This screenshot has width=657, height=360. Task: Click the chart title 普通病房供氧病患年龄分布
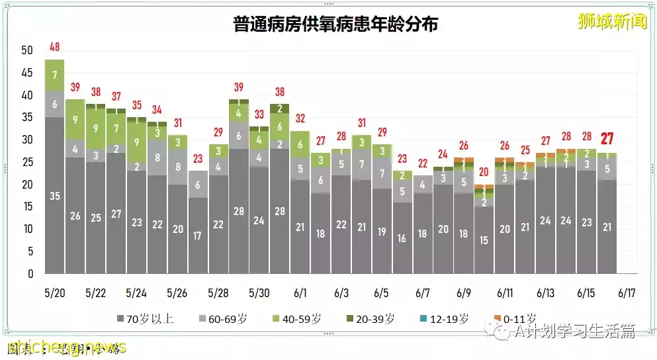pyautogui.click(x=335, y=24)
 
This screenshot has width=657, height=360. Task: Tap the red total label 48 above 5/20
pyautogui.click(x=55, y=48)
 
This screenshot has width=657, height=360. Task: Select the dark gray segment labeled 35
pyautogui.click(x=55, y=195)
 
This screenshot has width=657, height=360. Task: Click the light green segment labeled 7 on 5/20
pyautogui.click(x=55, y=75)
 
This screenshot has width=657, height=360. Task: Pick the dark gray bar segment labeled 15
pyautogui.click(x=484, y=240)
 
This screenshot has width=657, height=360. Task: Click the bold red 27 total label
pyautogui.click(x=607, y=139)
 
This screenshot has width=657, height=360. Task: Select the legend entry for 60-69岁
pyautogui.click(x=228, y=319)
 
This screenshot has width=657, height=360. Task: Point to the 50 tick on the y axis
pyautogui.click(x=27, y=50)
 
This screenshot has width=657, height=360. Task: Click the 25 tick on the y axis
pyautogui.click(x=27, y=162)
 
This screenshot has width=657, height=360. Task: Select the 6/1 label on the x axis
pyautogui.click(x=300, y=292)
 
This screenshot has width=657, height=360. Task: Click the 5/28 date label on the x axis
pyautogui.click(x=218, y=292)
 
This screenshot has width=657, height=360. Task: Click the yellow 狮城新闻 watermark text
pyautogui.click(x=611, y=21)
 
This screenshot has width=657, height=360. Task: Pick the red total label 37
pyautogui.click(x=116, y=97)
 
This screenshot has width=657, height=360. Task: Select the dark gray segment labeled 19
pyautogui.click(x=382, y=232)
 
